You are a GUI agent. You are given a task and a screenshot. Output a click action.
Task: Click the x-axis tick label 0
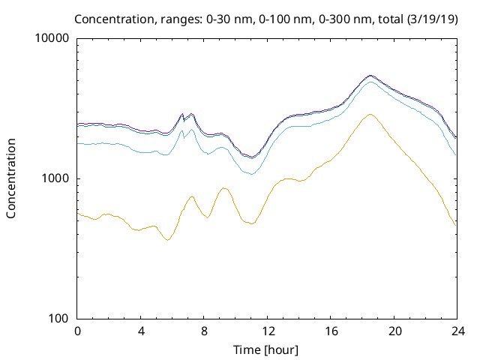point(77,331)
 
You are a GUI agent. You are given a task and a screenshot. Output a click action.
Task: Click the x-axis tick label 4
point(141,331)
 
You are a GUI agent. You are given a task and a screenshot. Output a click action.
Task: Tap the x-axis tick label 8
point(204,331)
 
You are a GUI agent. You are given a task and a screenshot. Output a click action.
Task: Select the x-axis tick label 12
point(268,331)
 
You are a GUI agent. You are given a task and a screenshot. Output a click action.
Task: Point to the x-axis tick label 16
point(331,331)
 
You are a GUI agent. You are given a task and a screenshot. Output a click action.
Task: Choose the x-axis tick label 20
point(394,331)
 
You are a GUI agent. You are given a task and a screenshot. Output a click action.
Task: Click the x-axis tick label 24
point(457,331)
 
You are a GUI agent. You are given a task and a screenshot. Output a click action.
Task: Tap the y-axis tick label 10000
point(53,39)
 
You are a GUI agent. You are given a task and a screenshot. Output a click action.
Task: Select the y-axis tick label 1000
point(56,179)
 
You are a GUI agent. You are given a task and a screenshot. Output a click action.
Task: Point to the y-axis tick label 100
point(59,319)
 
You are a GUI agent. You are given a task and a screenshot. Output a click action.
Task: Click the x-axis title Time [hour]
point(267,349)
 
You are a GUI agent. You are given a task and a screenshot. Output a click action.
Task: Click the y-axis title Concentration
point(11,178)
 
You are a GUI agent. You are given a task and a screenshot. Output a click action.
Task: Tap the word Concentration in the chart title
point(128,19)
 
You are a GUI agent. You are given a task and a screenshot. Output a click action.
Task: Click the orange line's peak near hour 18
point(370,115)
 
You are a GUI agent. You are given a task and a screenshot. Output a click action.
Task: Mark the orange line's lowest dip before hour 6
point(169,240)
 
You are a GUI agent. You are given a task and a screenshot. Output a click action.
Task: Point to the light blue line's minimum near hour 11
point(252,174)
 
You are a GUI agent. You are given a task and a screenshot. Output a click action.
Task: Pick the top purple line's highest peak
point(370,75)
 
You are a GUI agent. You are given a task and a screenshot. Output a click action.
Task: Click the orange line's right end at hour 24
point(456,224)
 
